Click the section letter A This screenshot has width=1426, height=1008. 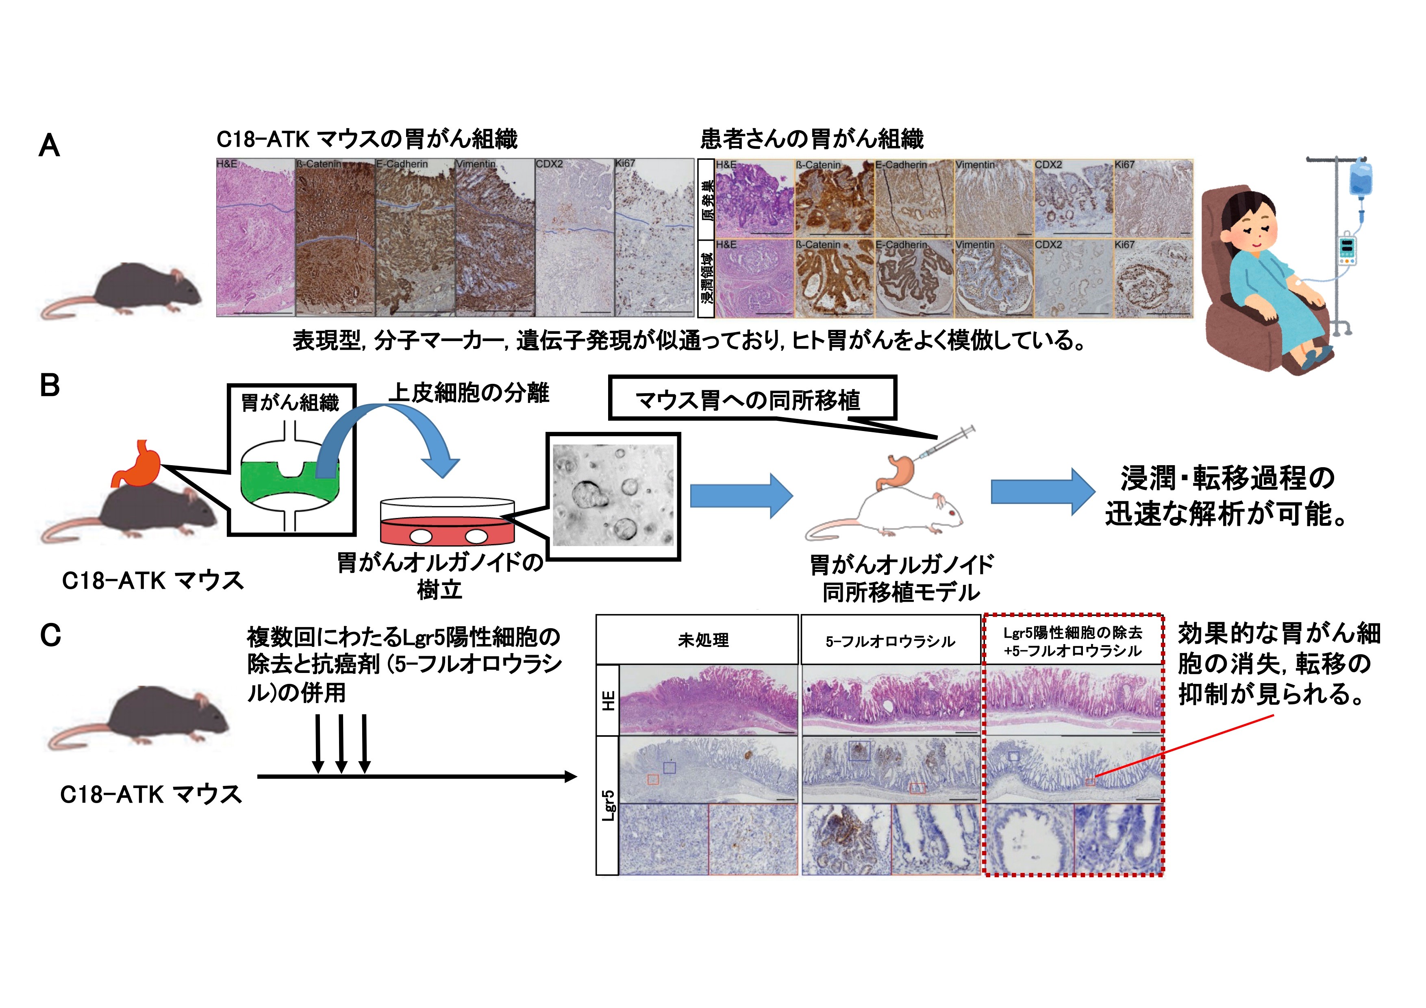[50, 146]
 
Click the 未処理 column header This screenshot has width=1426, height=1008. [703, 640]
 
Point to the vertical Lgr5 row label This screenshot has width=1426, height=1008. [608, 806]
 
